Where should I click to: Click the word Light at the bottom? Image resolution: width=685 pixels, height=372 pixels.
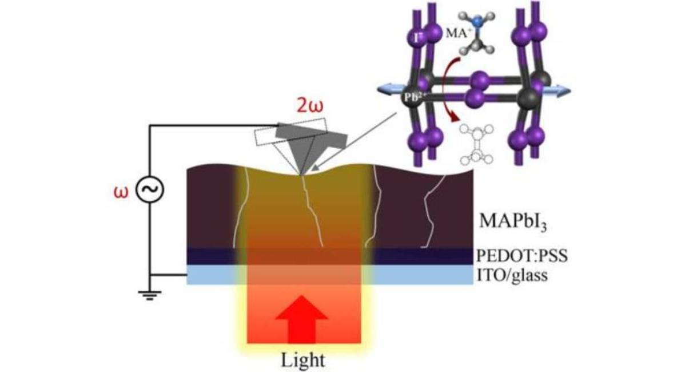click(x=303, y=361)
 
